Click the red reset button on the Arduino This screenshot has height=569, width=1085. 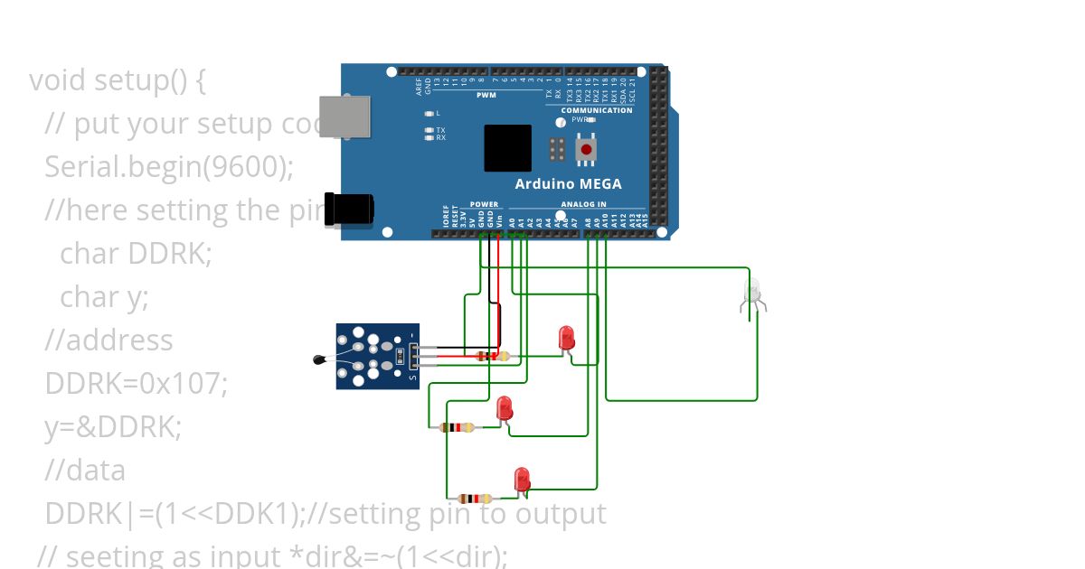(x=586, y=149)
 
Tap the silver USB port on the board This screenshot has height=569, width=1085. (x=344, y=117)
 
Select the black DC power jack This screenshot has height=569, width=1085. (x=349, y=209)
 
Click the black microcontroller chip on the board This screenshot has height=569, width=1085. (x=507, y=148)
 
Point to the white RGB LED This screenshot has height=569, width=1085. (x=751, y=293)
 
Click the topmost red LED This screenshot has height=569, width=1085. (x=567, y=339)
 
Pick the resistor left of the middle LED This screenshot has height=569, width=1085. (x=458, y=427)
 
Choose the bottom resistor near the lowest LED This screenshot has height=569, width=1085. (x=475, y=498)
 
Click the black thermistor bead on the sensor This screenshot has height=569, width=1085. (x=317, y=360)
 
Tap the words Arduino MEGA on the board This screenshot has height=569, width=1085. (x=568, y=184)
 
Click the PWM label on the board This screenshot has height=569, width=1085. (x=486, y=95)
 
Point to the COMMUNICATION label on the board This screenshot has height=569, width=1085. (x=596, y=110)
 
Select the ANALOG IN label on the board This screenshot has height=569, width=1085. (x=583, y=204)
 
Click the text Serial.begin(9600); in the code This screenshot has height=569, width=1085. (x=169, y=166)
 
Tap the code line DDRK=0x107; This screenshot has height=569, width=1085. (x=136, y=383)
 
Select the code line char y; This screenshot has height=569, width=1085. (x=104, y=296)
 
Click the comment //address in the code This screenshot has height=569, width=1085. (x=108, y=340)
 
